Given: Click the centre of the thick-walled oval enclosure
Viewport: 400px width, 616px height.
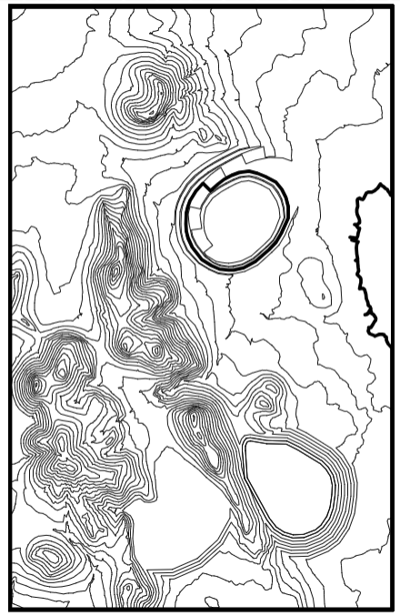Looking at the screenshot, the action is click(239, 220).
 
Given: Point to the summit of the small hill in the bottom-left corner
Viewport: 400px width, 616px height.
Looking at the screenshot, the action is click(45, 552).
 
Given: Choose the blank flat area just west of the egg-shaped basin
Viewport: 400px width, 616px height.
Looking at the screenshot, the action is click(195, 519).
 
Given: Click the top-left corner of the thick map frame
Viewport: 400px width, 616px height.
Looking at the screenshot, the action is click(11, 8).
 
